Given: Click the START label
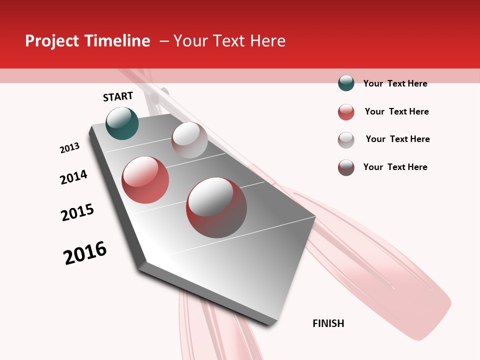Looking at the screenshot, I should coord(118,96).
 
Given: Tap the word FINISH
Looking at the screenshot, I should coord(328,323).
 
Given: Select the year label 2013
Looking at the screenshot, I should coord(69,148).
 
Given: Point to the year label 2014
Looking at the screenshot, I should coord(73,177).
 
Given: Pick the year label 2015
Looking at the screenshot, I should coord(77,212).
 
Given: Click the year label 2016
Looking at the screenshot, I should coord(85,253).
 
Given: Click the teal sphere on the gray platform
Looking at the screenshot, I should coord(122,123).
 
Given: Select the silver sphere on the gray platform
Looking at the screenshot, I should coord(189,140).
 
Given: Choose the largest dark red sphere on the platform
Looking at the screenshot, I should coord(216,207).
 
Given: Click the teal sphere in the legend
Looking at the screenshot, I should coord(346,83).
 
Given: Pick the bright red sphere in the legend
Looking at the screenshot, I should coord(346,112).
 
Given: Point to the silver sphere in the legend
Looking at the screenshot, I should coord(346,140).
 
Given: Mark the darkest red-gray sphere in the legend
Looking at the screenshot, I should coord(346,167).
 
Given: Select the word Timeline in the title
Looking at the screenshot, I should coord(117,41).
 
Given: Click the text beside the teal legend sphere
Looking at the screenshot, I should coord(395,83).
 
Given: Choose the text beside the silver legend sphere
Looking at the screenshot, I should coord(397,139).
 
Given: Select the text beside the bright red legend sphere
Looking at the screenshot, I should coord(396,111).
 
